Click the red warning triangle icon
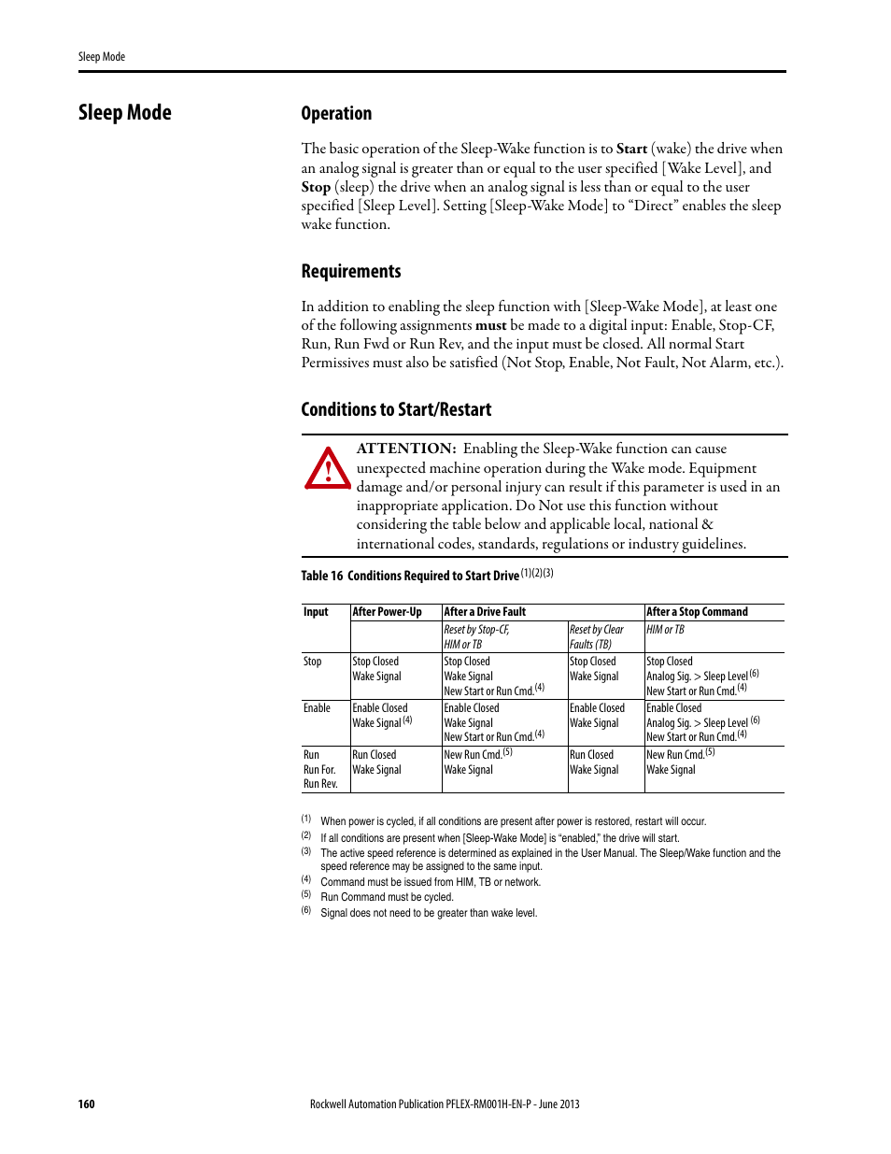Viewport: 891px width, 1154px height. point(328,468)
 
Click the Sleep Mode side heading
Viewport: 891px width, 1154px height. point(125,113)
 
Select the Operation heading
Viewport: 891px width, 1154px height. point(336,114)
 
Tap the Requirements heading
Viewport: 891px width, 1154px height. point(351,272)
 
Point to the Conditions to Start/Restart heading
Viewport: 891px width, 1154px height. point(396,410)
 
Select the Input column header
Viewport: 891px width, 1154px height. point(316,612)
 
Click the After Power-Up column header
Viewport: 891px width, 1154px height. point(387,612)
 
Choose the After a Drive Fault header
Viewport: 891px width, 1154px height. point(485,612)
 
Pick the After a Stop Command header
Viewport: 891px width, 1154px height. point(697,612)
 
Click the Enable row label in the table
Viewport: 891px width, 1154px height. point(317,708)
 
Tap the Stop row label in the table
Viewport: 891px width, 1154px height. point(312,662)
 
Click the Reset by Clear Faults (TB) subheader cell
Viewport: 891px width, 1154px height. point(597,636)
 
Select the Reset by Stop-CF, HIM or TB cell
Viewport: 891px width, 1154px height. point(477,636)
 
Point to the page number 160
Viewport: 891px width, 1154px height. point(86,1104)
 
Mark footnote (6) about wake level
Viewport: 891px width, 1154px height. point(428,913)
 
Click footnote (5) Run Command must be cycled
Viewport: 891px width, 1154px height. point(386,897)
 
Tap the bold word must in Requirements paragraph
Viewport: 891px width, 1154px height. point(490,326)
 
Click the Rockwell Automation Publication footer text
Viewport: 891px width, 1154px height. point(445,1104)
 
